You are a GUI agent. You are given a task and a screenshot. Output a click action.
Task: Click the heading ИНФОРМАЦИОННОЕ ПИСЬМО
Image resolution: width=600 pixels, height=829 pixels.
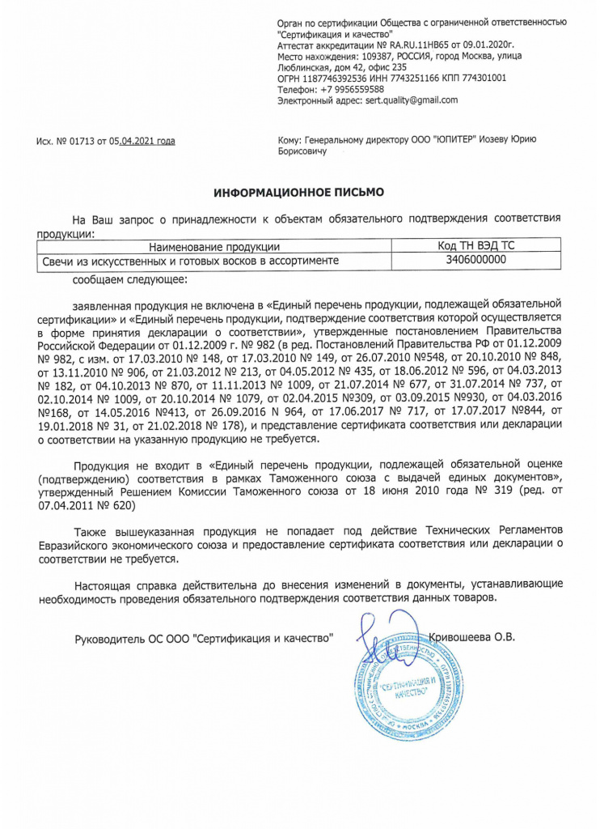point(299,193)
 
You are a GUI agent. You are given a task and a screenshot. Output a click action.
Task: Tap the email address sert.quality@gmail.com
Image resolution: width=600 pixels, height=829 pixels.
point(412,100)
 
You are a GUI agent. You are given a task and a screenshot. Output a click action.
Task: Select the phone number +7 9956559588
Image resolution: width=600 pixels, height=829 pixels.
point(348,89)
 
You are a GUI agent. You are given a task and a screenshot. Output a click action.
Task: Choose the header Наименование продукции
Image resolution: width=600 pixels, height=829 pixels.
point(214,246)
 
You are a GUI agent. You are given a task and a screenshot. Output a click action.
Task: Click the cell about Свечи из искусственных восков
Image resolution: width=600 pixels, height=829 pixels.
point(190,261)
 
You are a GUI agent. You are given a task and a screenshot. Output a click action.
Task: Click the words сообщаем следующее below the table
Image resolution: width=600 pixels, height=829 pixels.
point(129,279)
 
